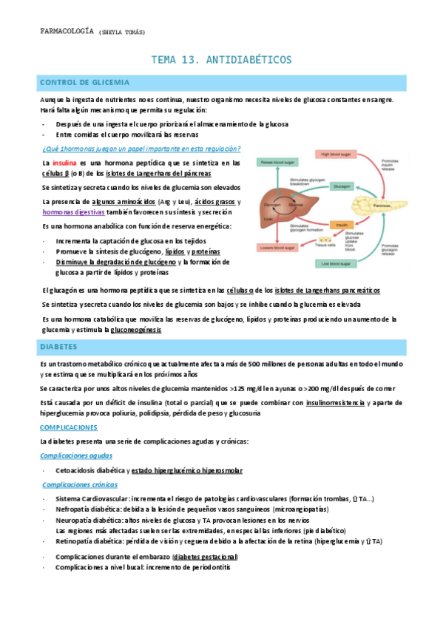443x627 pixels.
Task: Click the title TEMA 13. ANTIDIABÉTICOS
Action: pyautogui.click(x=221, y=59)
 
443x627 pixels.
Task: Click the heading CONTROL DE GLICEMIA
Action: pyautogui.click(x=85, y=82)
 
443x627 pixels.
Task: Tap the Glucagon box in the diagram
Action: pyautogui.click(x=342, y=187)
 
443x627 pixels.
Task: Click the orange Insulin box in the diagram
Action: pyautogui.click(x=342, y=223)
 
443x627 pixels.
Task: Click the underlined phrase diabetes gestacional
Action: pyautogui.click(x=204, y=556)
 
